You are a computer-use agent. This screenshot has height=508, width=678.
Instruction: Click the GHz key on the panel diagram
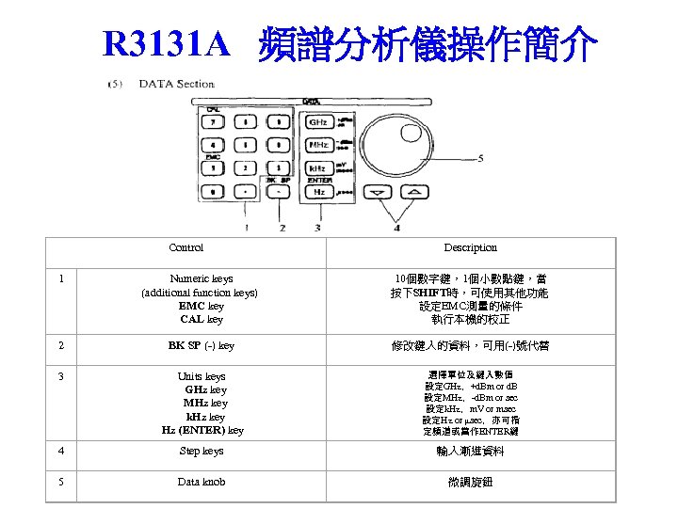point(320,123)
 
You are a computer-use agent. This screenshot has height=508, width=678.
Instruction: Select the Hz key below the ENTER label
point(320,192)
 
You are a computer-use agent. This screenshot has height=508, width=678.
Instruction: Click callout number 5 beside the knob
point(480,157)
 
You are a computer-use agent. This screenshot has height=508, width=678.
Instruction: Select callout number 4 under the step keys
point(396,228)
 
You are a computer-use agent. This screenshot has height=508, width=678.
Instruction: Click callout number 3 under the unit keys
point(318,228)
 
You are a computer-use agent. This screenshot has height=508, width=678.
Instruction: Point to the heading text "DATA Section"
point(177,84)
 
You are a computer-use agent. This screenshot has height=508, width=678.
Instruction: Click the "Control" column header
point(186,247)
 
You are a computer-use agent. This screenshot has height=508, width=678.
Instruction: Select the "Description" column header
point(470,247)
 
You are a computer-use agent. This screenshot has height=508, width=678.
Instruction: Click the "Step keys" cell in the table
point(202,452)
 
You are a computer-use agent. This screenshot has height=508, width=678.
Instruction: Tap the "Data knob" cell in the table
point(202,483)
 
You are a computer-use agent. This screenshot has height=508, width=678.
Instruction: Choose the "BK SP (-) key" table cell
point(202,345)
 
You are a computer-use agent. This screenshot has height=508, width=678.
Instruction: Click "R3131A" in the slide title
point(166,43)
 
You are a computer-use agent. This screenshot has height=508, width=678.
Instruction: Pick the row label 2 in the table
point(61,345)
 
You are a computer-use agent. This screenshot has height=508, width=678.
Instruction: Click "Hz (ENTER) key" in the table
point(202,430)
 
